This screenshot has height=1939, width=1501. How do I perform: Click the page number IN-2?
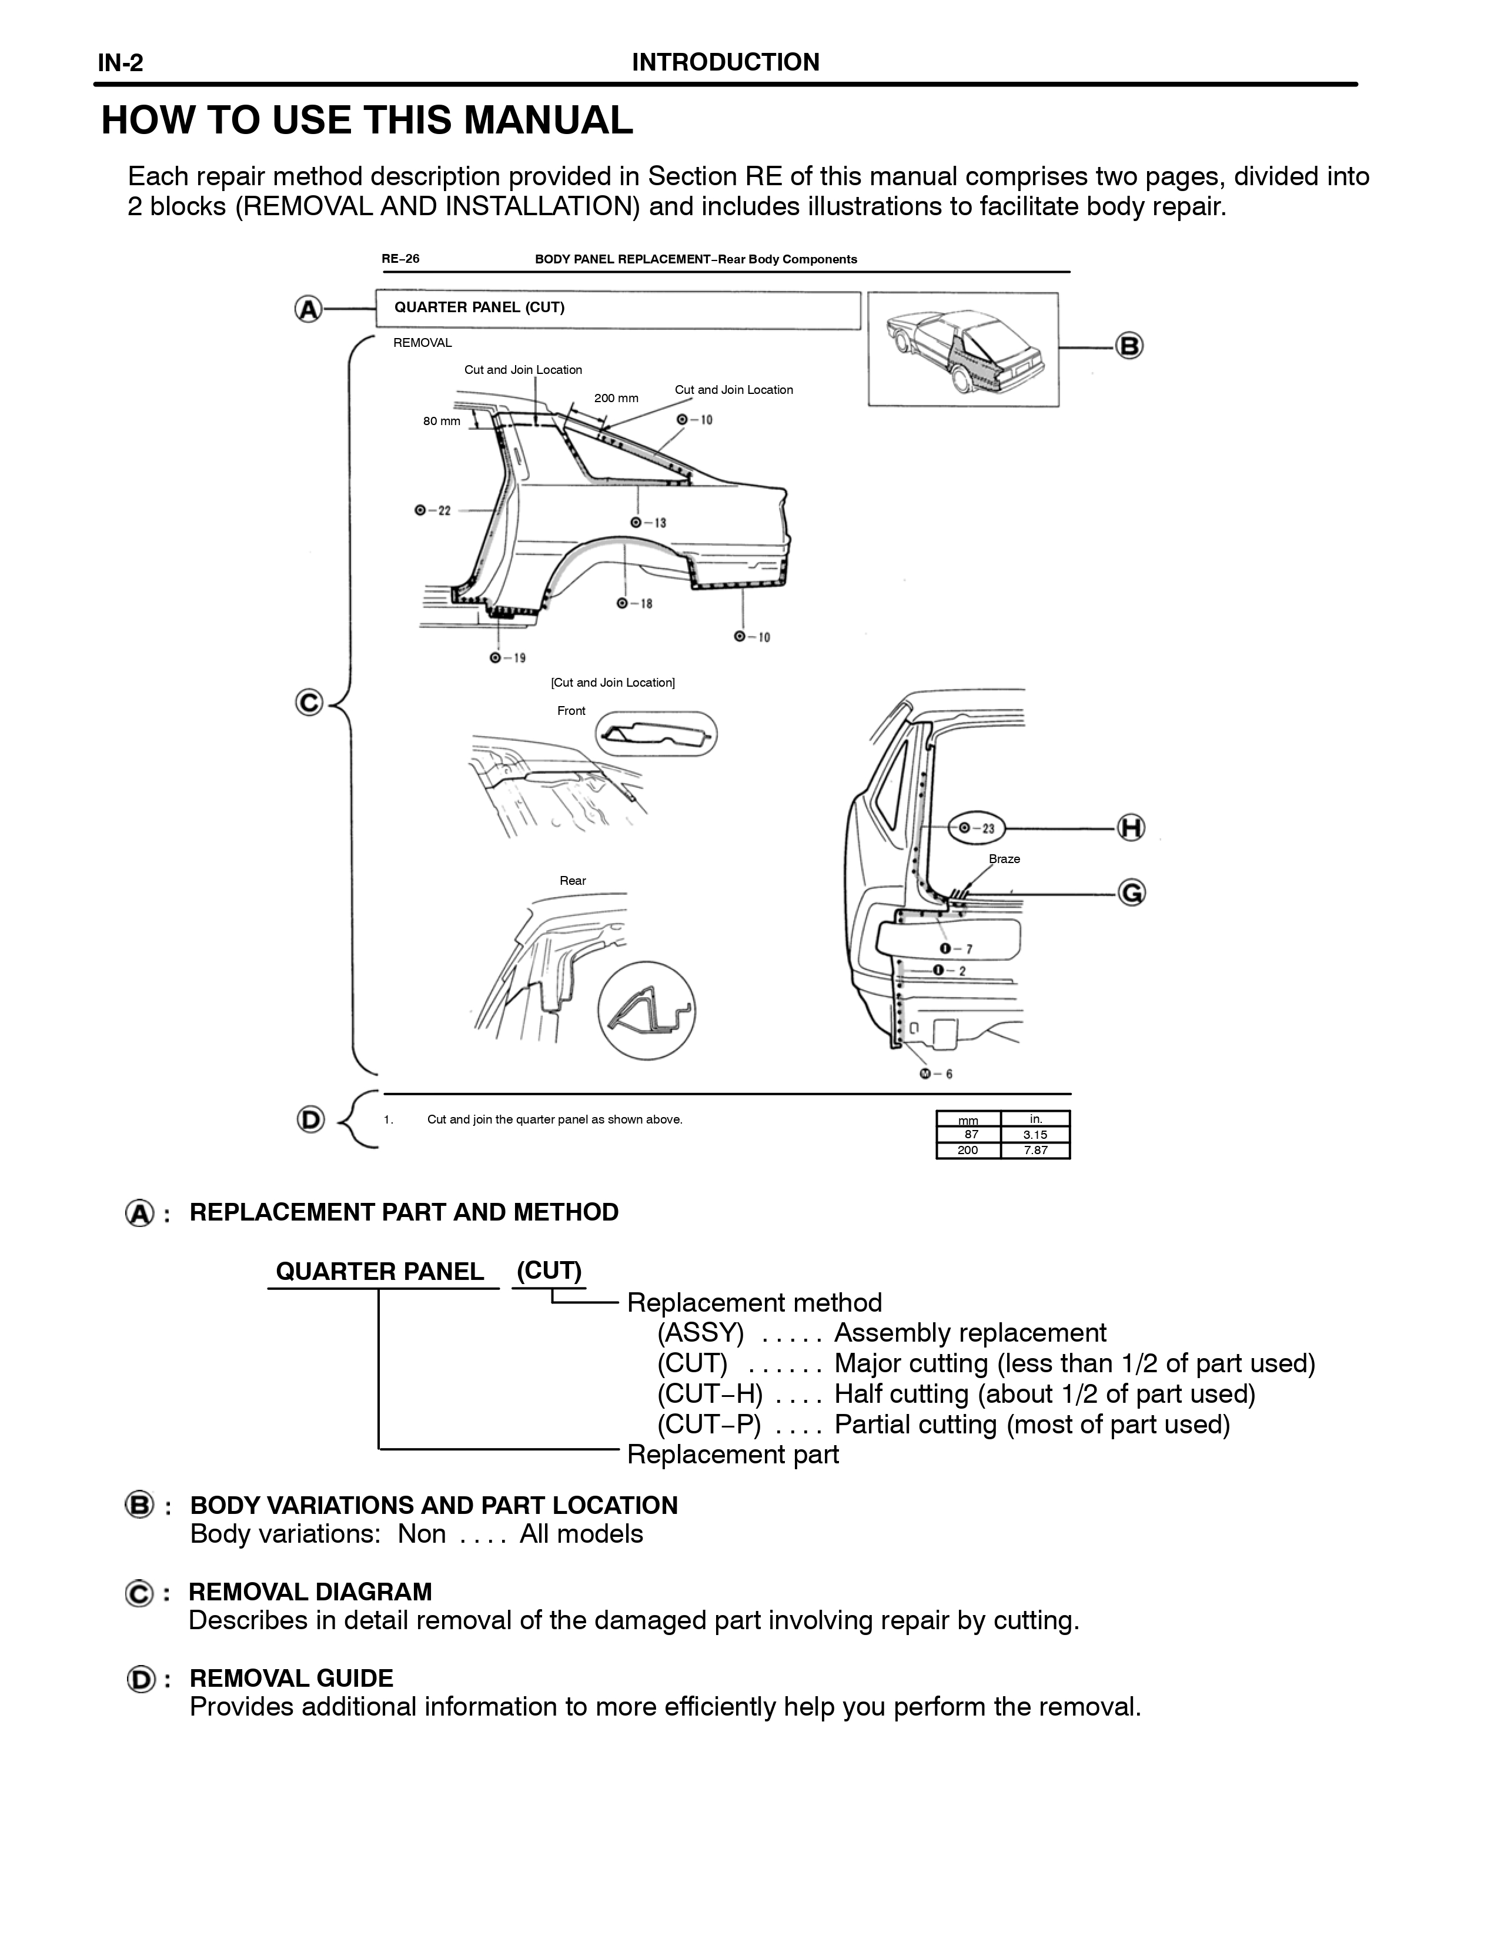[x=121, y=63]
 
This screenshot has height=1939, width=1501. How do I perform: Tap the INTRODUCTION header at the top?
[x=725, y=62]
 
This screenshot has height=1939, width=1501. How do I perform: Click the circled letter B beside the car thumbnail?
[x=1129, y=345]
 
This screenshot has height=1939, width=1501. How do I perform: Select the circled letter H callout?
[x=1131, y=827]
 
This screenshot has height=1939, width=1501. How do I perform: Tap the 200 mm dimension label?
[x=616, y=398]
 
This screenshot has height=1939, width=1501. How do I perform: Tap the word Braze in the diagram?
[x=1004, y=858]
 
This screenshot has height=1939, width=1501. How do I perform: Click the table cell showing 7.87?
[x=1035, y=1150]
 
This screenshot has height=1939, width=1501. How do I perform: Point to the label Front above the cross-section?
[x=571, y=710]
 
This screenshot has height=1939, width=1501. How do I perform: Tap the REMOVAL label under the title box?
[x=423, y=343]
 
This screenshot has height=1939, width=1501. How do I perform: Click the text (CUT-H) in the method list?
[x=709, y=1395]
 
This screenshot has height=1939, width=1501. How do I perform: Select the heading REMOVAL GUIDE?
[x=291, y=1678]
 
